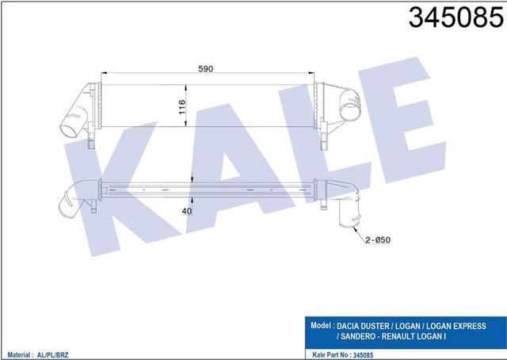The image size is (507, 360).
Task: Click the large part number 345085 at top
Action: tap(456, 17)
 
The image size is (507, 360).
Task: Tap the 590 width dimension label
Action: tap(206, 69)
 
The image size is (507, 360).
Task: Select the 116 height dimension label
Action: tap(181, 107)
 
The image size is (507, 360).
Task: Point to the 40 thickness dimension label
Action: tap(187, 211)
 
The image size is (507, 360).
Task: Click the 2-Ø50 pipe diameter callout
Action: tap(378, 240)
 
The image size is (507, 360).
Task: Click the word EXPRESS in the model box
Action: tap(470, 326)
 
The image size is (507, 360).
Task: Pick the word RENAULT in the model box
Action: tap(398, 336)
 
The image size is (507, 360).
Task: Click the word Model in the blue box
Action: tap(320, 325)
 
